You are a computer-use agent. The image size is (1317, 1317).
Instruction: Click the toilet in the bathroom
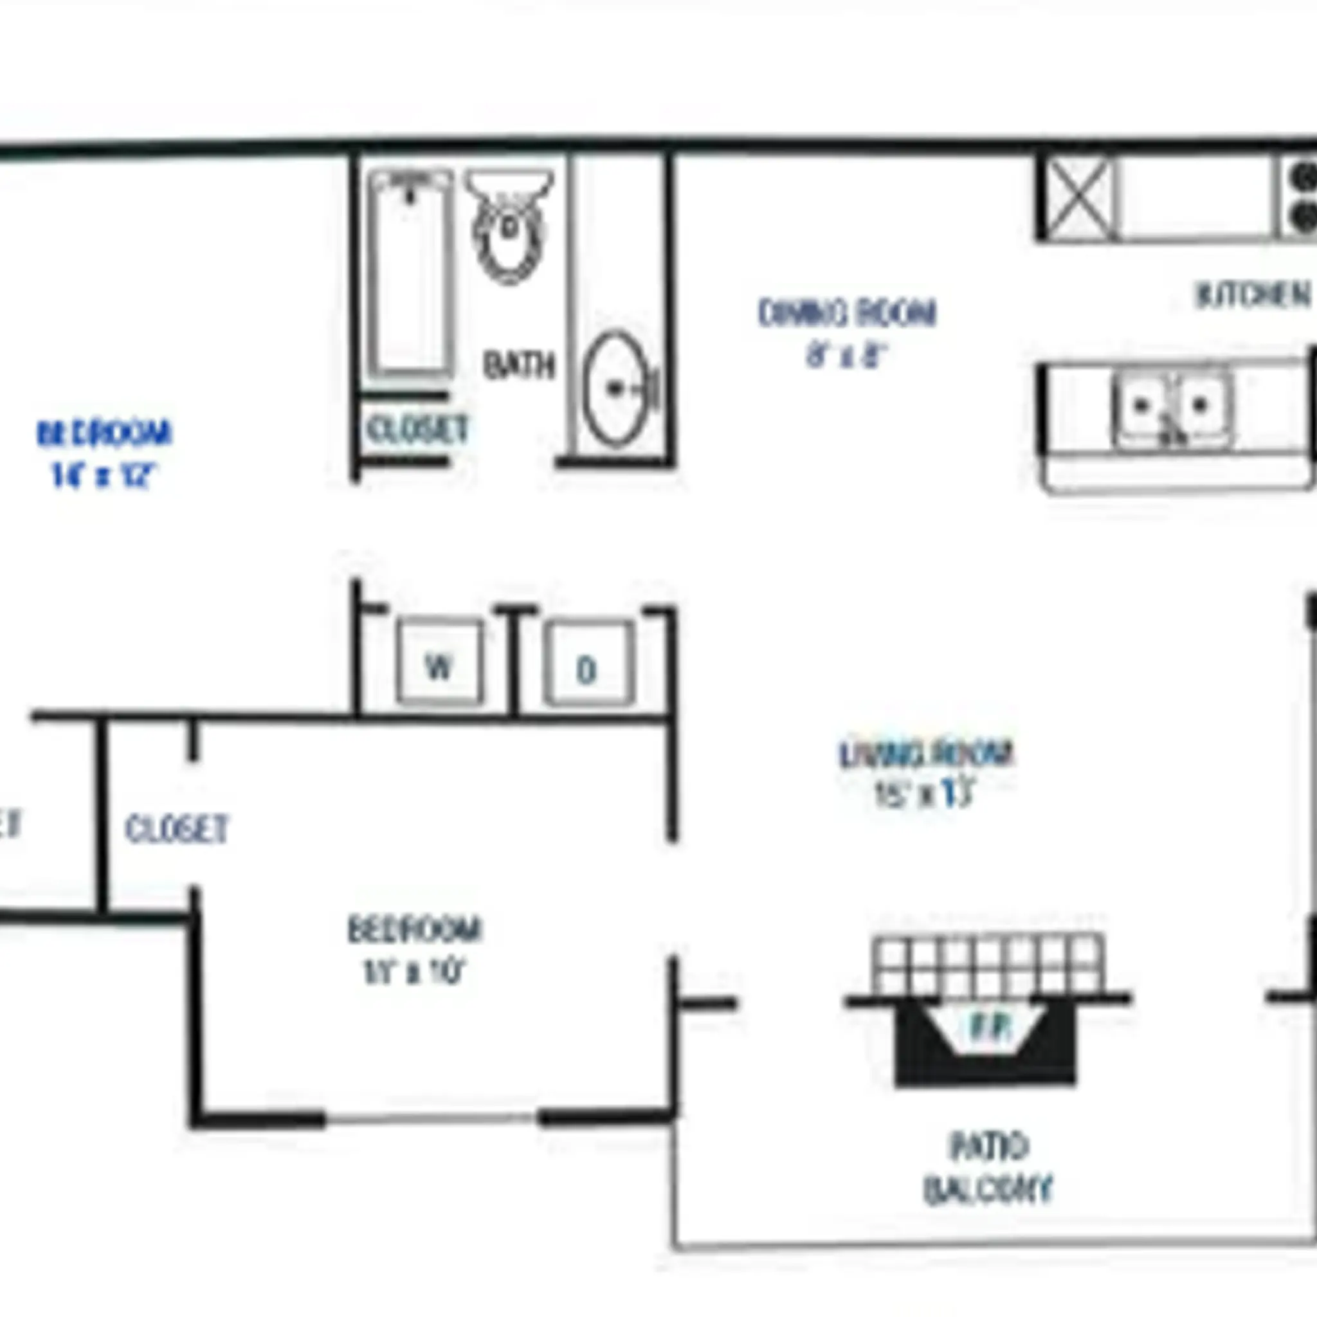pyautogui.click(x=509, y=226)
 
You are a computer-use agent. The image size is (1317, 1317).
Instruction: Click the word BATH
pyautogui.click(x=520, y=365)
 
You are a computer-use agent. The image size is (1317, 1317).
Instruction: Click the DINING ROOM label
pyautogui.click(x=847, y=314)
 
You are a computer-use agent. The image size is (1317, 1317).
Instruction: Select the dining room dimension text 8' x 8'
pyautogui.click(x=846, y=356)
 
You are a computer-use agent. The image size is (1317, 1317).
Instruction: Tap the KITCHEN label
pyautogui.click(x=1253, y=296)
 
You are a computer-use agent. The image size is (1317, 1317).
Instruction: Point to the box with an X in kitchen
pyautogui.click(x=1078, y=197)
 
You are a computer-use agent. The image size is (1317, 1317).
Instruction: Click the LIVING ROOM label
pyautogui.click(x=926, y=754)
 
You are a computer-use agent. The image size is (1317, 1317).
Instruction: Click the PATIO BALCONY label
pyautogui.click(x=988, y=1168)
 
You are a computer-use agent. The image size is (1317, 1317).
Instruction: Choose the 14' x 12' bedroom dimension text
pyautogui.click(x=104, y=475)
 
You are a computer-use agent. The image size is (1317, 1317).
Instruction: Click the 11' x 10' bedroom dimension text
pyautogui.click(x=413, y=972)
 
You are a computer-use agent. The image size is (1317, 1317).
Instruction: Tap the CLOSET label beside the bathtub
pyautogui.click(x=417, y=430)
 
